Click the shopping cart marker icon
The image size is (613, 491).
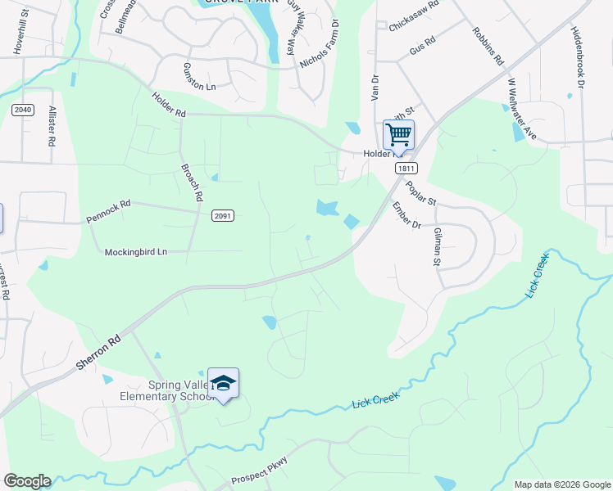click(x=398, y=133)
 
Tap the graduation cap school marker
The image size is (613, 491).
click(x=223, y=382)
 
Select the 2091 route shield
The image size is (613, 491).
click(x=223, y=216)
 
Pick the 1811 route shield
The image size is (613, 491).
click(x=403, y=169)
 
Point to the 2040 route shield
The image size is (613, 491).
click(x=22, y=109)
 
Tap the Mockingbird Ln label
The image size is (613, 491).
click(x=136, y=252)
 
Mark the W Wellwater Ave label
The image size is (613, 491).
click(x=522, y=109)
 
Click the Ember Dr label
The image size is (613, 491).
click(x=406, y=215)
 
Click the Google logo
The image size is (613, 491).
click(x=27, y=481)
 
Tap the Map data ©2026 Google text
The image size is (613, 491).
click(x=562, y=484)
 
